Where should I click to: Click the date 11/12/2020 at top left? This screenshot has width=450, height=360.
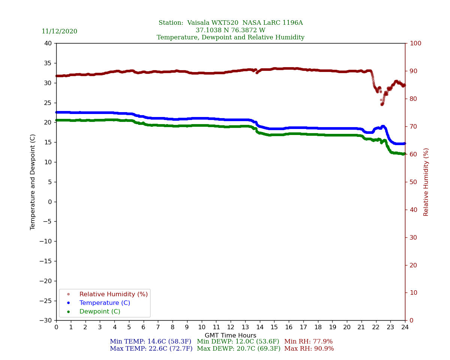coord(59,31)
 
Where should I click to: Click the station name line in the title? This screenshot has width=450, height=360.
coord(230,23)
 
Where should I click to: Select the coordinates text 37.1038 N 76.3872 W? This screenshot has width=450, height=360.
coord(230,30)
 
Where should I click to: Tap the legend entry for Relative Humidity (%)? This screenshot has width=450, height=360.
coord(113,294)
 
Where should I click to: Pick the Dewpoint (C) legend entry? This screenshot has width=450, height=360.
coord(100,312)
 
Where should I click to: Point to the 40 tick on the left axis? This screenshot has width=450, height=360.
coord(48,43)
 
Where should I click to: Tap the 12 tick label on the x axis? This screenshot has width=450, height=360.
coord(231,327)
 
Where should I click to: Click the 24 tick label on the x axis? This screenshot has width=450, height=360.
coord(405,327)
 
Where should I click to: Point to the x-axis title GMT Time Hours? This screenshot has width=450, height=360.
coord(230,336)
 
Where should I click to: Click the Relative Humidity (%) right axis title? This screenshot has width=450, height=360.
coord(426,182)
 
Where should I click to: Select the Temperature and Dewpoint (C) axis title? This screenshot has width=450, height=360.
coord(33,182)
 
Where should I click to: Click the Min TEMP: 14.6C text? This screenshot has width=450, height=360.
coord(150,342)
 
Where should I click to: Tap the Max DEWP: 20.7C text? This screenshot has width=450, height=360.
coord(238,349)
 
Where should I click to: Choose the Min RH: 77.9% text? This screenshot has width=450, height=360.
coord(308,342)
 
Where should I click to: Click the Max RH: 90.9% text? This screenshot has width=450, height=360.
coord(309,349)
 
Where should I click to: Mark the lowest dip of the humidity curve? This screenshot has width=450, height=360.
coord(382,104)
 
